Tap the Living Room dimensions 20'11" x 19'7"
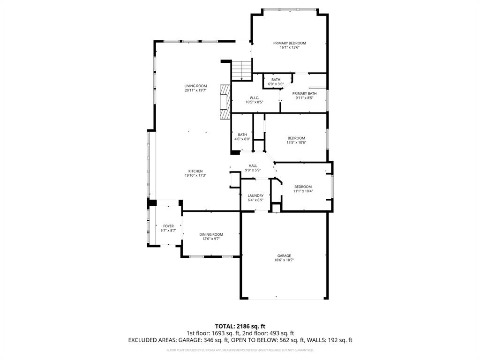[x=195, y=90]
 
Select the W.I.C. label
[x=255, y=97]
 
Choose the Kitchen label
[x=195, y=171]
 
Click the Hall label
[x=253, y=165]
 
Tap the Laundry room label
[x=255, y=195]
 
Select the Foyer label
[x=168, y=226]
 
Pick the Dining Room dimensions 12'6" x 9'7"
[x=211, y=239]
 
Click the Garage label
[x=284, y=255]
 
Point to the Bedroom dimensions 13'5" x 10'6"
[x=296, y=142]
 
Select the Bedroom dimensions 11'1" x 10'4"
[x=303, y=191]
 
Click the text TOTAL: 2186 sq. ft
[x=240, y=326]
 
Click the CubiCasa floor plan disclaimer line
[x=240, y=350]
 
